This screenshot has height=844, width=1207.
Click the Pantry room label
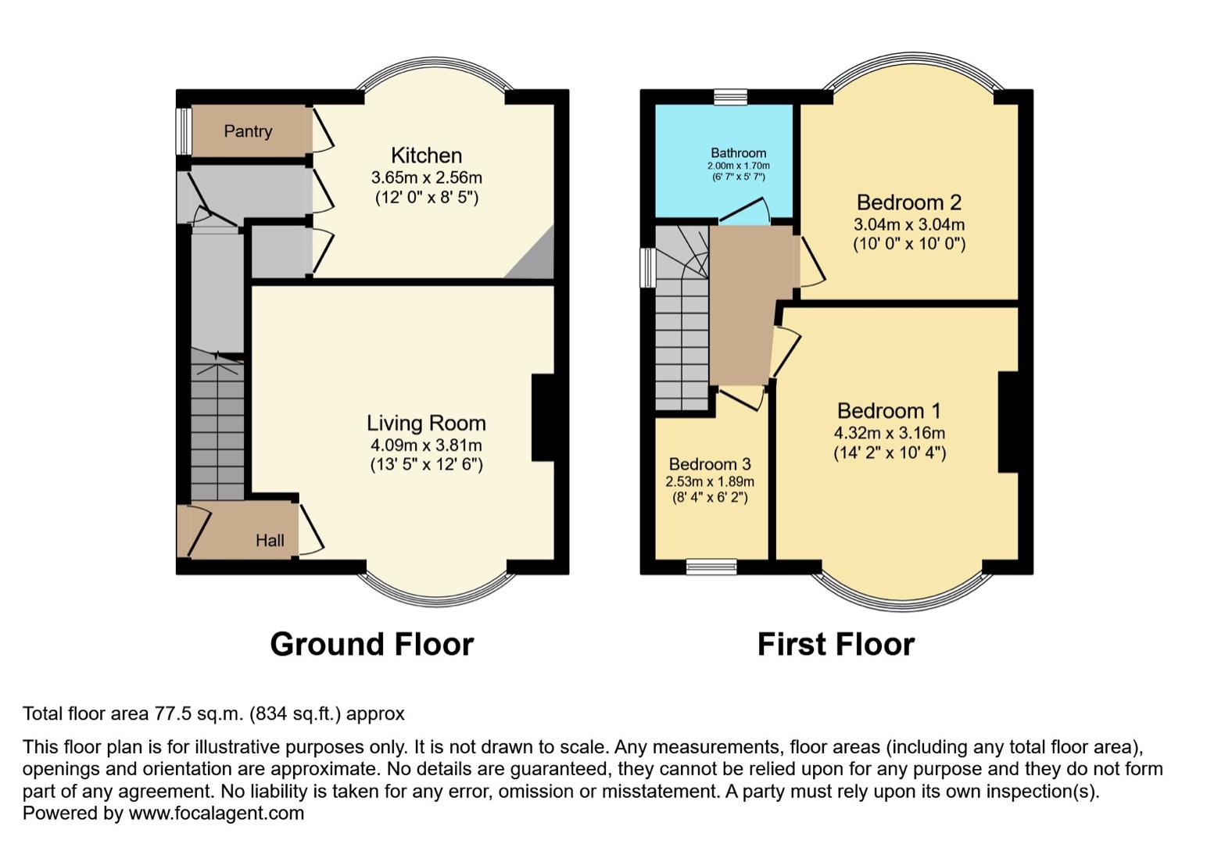tap(248, 131)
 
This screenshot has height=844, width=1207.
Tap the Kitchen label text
tap(426, 156)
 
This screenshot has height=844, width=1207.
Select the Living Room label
tap(426, 424)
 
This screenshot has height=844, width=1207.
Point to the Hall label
tap(270, 541)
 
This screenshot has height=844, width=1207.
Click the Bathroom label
tap(738, 153)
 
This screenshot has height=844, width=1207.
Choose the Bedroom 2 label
tap(908, 203)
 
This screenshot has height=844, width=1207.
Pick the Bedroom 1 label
tap(889, 411)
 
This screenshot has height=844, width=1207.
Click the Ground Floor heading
tap(371, 645)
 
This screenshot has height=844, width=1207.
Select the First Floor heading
tap(836, 645)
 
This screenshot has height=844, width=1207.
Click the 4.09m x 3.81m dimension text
tap(426, 445)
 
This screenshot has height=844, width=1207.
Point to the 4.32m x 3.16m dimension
tap(889, 433)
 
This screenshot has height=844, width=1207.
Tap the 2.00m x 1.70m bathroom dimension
tap(738, 166)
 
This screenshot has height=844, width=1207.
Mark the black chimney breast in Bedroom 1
tap(1008, 422)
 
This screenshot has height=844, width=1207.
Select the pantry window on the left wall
tap(184, 131)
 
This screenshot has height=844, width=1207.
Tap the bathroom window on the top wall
tap(730, 97)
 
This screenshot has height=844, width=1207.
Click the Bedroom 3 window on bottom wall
tap(711, 567)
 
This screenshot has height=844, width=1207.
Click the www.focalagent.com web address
tap(216, 814)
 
